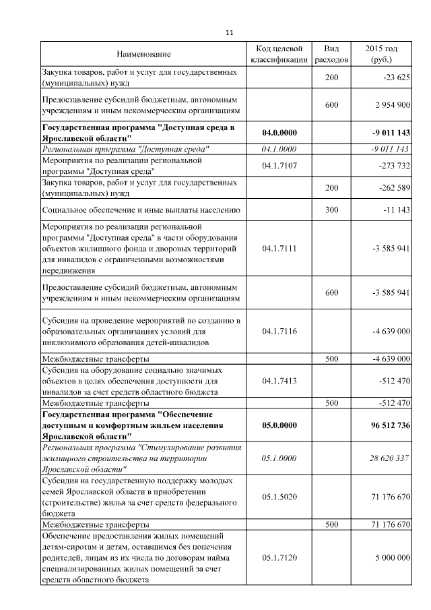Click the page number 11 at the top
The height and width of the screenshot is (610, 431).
pyautogui.click(x=228, y=32)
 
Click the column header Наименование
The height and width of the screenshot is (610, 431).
pyautogui.click(x=143, y=54)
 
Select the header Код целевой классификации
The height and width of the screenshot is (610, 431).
pyautogui.click(x=279, y=54)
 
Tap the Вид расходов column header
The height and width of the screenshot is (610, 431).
pyautogui.click(x=331, y=54)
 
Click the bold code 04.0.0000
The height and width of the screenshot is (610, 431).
pyautogui.click(x=279, y=132)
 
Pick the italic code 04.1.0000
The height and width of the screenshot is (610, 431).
pyautogui.click(x=279, y=149)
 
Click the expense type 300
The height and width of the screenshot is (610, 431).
pyautogui.click(x=331, y=210)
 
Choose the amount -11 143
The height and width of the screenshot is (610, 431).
pyautogui.click(x=395, y=210)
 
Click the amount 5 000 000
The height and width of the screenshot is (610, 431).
pyautogui.click(x=391, y=558)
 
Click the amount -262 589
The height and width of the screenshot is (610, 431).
pyautogui.click(x=393, y=187)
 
